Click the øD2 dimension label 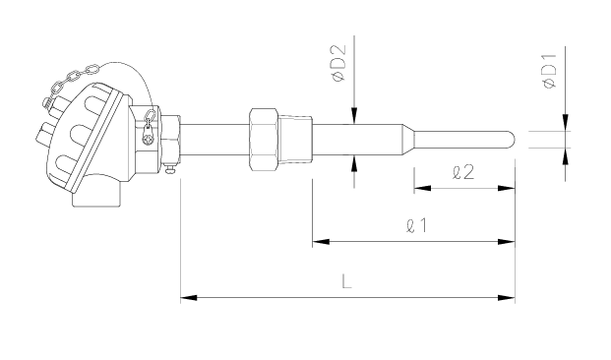point(337,63)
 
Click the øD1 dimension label point(550,72)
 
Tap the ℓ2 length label point(463,172)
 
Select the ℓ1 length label point(416,225)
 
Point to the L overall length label point(346,281)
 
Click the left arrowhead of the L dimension point(189,298)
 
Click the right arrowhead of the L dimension point(507,298)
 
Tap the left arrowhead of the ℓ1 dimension point(321,242)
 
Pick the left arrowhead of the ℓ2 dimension point(422,189)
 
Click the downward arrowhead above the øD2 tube point(354,116)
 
